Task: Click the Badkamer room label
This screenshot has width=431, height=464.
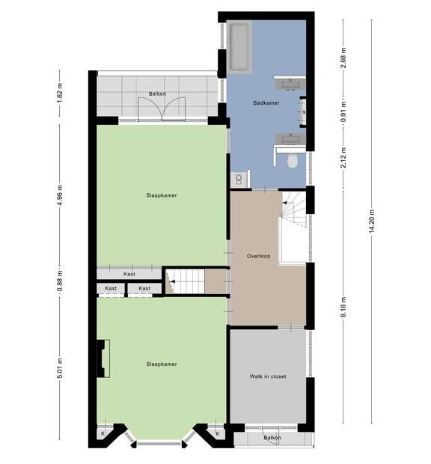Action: coord(266,103)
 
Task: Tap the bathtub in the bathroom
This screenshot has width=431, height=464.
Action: coord(239,47)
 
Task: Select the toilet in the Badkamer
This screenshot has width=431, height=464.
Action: coord(293,161)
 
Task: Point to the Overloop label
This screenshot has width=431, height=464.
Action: coord(259,256)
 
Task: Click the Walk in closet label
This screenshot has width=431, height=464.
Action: coord(268,376)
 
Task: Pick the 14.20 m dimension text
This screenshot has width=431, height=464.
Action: coord(372,221)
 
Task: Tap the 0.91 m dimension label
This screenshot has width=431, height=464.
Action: coord(343,112)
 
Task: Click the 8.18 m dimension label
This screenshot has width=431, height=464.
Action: coord(343,307)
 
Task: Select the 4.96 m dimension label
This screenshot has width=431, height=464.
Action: coord(60,195)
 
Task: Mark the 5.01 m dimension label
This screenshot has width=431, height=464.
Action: coord(60,368)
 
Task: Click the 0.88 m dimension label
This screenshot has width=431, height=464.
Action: coord(60,280)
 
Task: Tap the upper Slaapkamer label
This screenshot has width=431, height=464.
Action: coord(162,195)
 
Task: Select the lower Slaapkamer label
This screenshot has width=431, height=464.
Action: coord(162,364)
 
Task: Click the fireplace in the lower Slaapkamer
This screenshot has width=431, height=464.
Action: coord(103,358)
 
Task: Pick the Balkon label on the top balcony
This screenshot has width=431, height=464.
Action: coord(157,94)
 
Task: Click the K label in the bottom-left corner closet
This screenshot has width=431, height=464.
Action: coord(103,433)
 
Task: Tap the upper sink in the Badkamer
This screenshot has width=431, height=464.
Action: coord(290,84)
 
